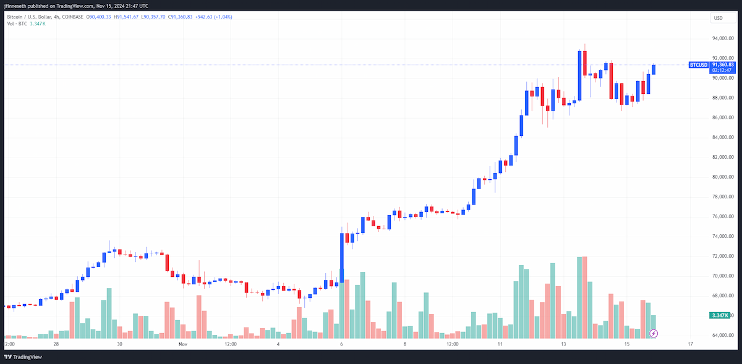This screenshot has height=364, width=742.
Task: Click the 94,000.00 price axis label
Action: pyautogui.click(x=723, y=38)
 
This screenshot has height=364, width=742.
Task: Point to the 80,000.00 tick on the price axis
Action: pyautogui.click(x=723, y=177)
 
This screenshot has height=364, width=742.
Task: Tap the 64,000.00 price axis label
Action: pyautogui.click(x=723, y=335)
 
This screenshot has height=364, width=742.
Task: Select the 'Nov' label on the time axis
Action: pyautogui.click(x=183, y=344)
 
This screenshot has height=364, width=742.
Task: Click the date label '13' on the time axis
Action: pyautogui.click(x=563, y=344)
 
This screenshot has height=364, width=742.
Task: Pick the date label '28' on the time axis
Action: pyautogui.click(x=56, y=344)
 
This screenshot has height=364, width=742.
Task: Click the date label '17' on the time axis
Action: pyautogui.click(x=690, y=344)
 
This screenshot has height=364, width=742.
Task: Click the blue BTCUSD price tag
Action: pyautogui.click(x=699, y=65)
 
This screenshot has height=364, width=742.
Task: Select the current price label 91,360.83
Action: pyautogui.click(x=723, y=65)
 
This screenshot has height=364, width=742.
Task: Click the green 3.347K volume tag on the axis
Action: pyautogui.click(x=720, y=315)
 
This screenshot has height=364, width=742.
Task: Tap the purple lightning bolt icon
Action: pyautogui.click(x=653, y=334)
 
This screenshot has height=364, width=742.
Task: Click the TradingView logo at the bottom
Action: pyautogui.click(x=23, y=357)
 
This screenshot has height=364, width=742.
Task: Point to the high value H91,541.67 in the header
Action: pyautogui.click(x=126, y=17)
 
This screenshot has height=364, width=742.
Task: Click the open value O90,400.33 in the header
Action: pyautogui.click(x=98, y=17)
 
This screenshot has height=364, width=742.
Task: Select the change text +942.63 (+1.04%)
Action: pyautogui.click(x=214, y=17)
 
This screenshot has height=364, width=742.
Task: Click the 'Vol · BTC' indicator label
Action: pyautogui.click(x=17, y=24)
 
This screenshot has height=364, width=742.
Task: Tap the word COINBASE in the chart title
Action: pyautogui.click(x=72, y=17)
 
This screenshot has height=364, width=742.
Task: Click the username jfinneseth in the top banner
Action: pyautogui.click(x=15, y=6)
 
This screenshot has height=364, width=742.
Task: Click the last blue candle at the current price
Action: pyautogui.click(x=654, y=70)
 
